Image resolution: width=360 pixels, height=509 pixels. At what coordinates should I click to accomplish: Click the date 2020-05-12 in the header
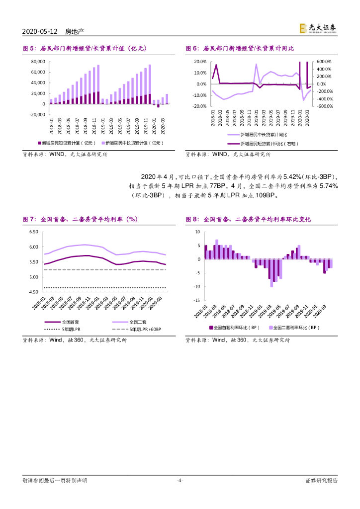[40, 31]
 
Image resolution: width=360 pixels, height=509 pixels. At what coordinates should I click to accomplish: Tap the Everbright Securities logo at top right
[318, 29]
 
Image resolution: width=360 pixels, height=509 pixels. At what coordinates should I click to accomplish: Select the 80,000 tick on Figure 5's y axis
[38, 62]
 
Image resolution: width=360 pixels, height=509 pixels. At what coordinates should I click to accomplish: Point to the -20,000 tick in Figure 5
[37, 115]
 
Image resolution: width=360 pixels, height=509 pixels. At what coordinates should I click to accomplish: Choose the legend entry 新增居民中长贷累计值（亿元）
[135, 143]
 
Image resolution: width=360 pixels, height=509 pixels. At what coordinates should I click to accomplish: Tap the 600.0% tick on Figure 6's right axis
[324, 62]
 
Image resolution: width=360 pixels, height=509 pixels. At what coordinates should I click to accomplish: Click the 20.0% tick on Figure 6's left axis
[200, 62]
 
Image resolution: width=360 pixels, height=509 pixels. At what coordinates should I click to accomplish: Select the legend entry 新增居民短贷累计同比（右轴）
[264, 143]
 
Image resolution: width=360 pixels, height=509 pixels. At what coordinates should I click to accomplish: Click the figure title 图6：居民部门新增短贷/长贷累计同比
[240, 48]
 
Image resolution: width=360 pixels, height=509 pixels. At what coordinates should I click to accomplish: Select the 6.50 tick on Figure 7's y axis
[34, 232]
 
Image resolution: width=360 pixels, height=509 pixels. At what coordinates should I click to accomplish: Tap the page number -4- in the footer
[180, 480]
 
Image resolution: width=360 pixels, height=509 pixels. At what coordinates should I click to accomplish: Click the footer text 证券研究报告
[321, 480]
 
